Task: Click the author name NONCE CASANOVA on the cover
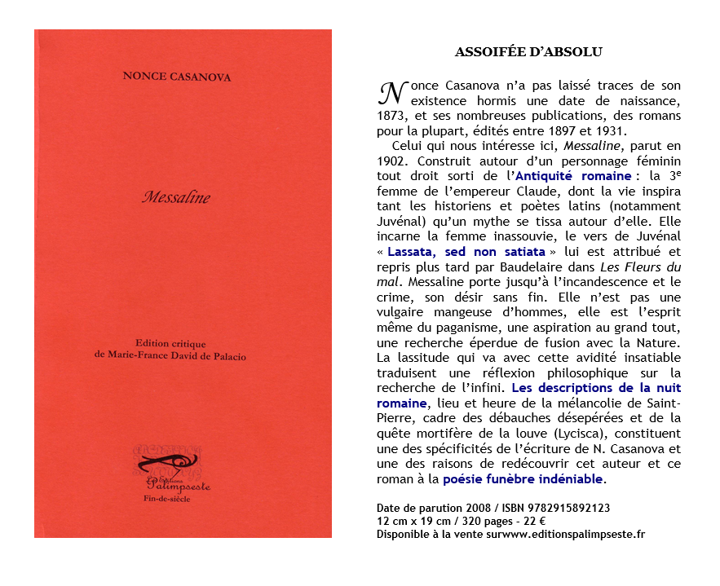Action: click(x=177, y=77)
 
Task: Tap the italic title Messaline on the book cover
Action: click(x=176, y=196)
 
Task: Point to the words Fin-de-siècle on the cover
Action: click(x=166, y=499)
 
